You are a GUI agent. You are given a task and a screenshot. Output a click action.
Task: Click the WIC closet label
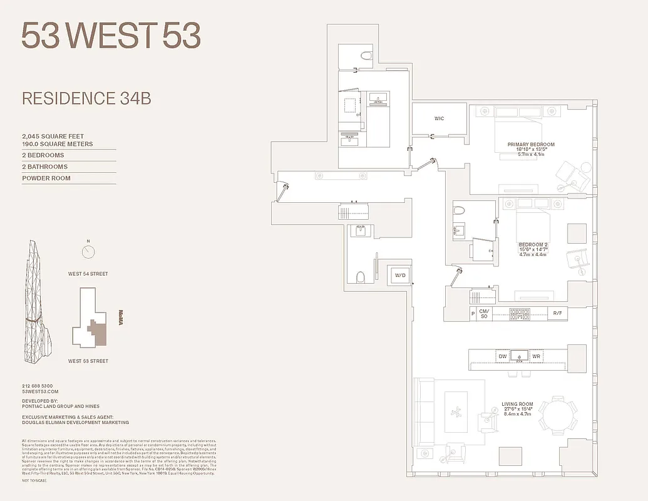pyautogui.click(x=439, y=118)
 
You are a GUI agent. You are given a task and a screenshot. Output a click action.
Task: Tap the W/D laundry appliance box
pyautogui.click(x=399, y=275)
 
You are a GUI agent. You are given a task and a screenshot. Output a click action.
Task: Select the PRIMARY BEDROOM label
pyautogui.click(x=531, y=145)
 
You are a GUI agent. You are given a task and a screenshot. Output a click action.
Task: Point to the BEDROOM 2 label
pyautogui.click(x=533, y=244)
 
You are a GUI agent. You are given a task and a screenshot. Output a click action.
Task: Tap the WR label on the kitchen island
pyautogui.click(x=536, y=356)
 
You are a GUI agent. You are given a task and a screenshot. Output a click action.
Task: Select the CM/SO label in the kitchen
pyautogui.click(x=483, y=313)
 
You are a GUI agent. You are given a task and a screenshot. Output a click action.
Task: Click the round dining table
pyautogui.click(x=558, y=414)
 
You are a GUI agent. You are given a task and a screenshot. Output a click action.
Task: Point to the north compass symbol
pyautogui.click(x=88, y=252)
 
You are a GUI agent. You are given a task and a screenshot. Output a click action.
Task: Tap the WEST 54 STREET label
pyautogui.click(x=88, y=274)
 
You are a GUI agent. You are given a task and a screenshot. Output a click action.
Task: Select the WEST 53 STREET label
pyautogui.click(x=88, y=361)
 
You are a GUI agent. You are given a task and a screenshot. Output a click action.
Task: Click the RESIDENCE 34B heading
pyautogui.click(x=86, y=98)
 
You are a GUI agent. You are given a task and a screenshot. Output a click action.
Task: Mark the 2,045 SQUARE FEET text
pyautogui.click(x=53, y=137)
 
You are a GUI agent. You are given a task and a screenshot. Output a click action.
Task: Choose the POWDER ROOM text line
pyautogui.click(x=46, y=178)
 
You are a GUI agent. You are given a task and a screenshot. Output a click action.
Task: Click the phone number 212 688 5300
pyautogui.click(x=38, y=386)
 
